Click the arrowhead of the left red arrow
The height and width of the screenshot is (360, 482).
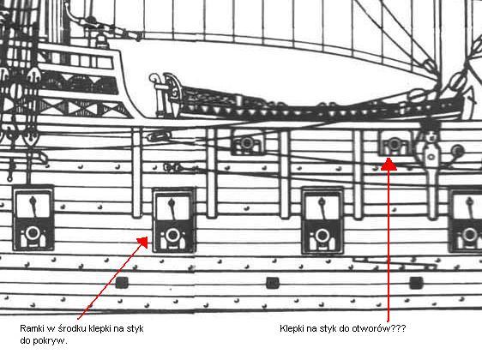[143, 242]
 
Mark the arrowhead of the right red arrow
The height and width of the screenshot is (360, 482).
[389, 164]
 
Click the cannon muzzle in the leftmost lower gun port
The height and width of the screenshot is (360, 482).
[33, 233]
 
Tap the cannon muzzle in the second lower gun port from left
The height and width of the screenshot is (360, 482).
[172, 236]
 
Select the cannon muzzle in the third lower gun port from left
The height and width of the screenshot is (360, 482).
[322, 236]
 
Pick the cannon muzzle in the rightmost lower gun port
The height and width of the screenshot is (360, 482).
[469, 235]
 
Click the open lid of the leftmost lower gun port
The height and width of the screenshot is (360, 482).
[33, 204]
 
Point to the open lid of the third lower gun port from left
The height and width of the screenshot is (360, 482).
[322, 207]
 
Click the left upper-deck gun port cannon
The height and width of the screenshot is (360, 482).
[246, 143]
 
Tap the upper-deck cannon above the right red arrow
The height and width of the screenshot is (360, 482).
[395, 143]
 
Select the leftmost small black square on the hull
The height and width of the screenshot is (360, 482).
[122, 283]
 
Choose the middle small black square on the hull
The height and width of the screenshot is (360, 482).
[273, 283]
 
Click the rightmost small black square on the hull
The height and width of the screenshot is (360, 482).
[416, 283]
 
